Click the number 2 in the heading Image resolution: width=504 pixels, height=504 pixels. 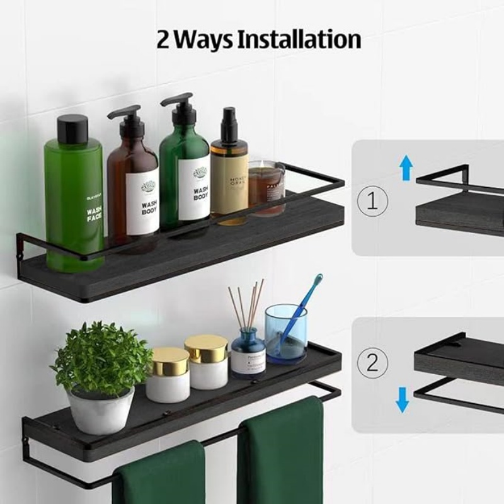coord(163,40)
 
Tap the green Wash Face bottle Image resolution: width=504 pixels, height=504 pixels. coord(74,202)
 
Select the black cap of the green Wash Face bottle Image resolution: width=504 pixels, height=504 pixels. coord(72,129)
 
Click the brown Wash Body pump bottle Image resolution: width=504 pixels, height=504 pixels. coord(133,189)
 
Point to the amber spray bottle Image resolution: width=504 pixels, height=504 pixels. coord(229,176)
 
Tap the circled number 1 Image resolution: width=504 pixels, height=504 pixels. coord(372,202)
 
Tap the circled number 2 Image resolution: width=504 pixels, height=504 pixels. coord(372,364)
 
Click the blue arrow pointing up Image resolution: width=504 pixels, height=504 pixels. coord(406,169)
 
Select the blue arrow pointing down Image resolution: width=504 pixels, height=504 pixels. coord(402,398)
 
